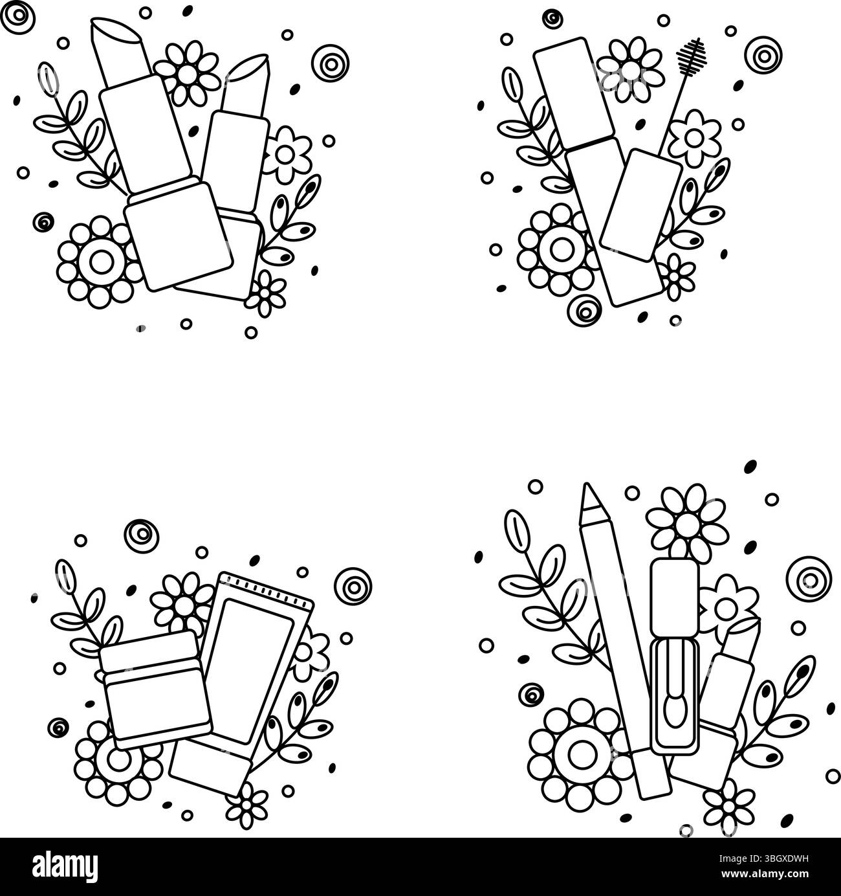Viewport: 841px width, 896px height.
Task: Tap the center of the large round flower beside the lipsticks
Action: [x=100, y=262]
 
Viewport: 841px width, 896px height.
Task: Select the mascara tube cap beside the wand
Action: [x=640, y=205]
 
